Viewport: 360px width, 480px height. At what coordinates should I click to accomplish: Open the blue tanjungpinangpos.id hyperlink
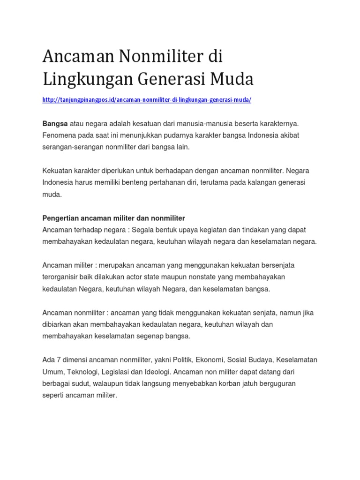147,100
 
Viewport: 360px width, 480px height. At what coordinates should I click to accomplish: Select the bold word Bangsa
55,123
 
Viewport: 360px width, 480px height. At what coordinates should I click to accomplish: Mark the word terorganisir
63,277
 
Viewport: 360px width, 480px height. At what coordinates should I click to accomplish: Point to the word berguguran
276,383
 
